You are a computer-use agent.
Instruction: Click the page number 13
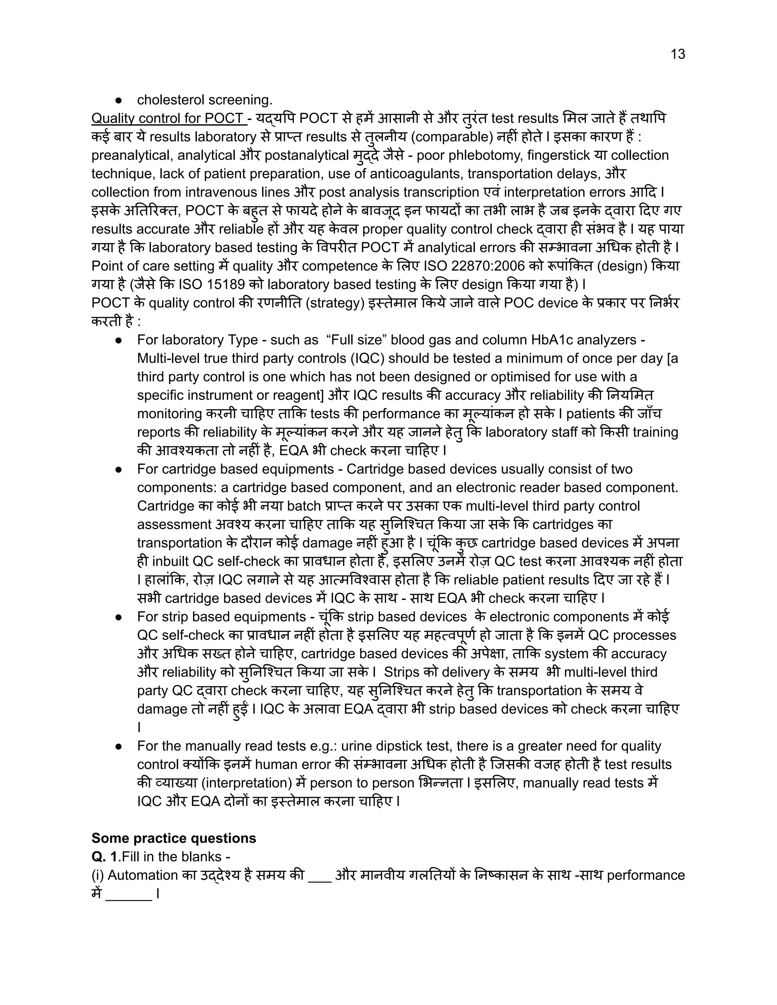[x=678, y=54]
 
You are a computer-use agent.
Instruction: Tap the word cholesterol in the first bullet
[x=170, y=100]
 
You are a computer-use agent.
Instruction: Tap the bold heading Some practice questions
[x=173, y=838]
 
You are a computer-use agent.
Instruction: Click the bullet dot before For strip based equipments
[x=118, y=617]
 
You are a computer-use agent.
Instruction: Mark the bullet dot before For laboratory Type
[x=118, y=340]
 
